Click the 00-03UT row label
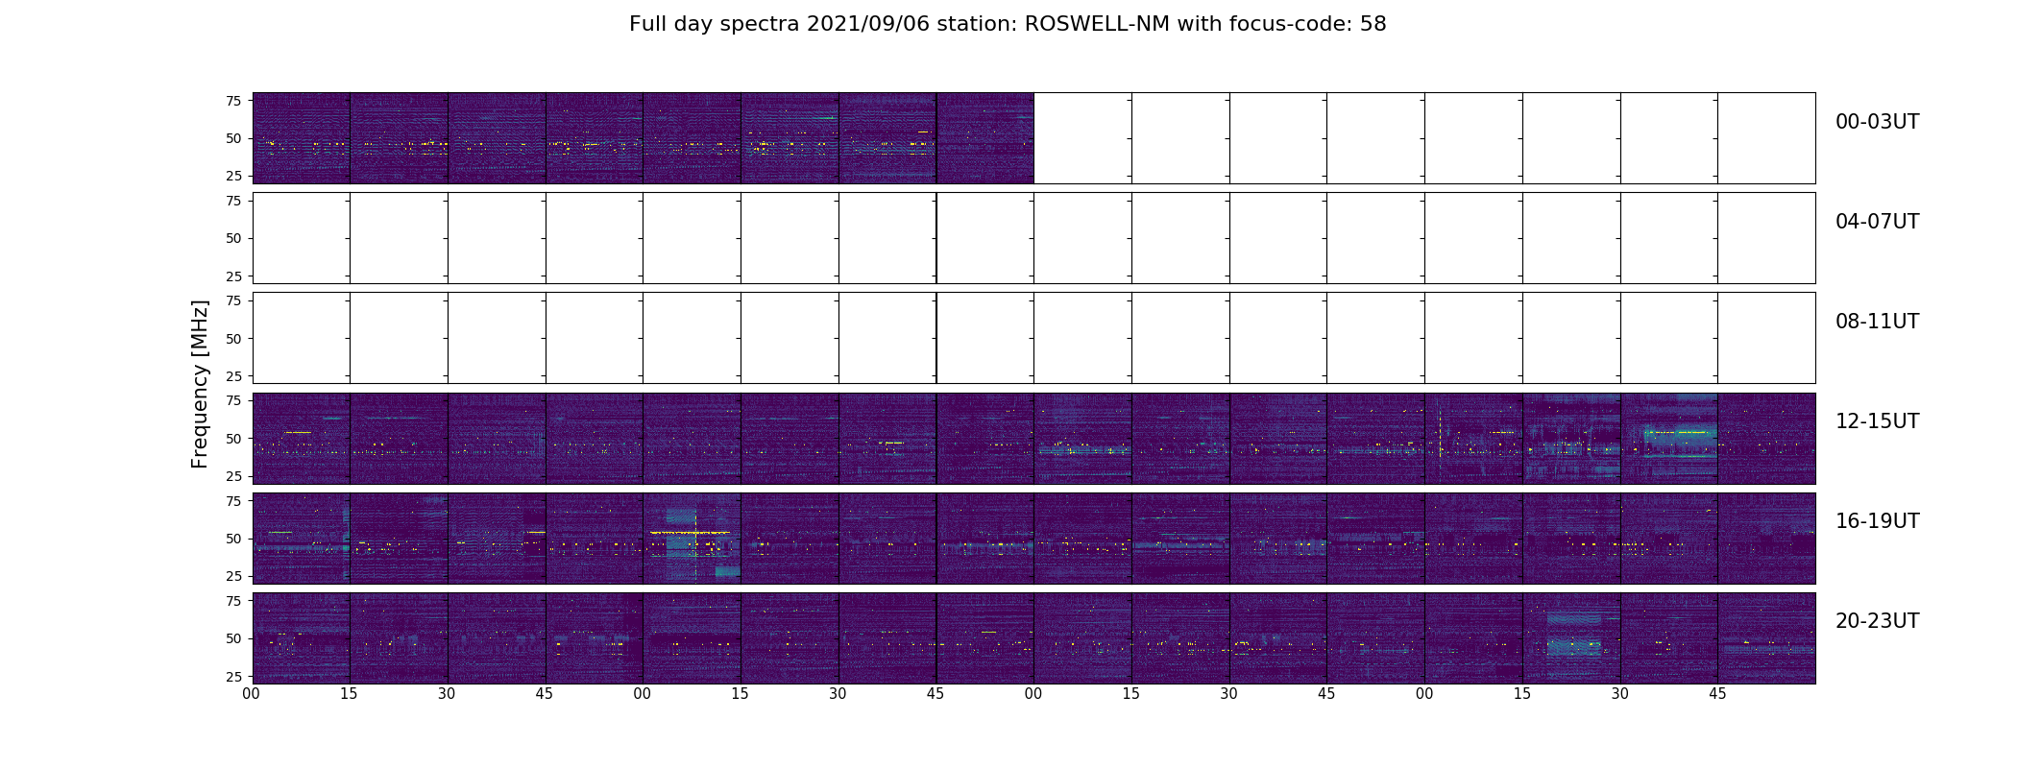click(1877, 122)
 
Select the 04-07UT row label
click(1877, 222)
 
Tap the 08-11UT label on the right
click(1877, 322)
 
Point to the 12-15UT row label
click(1877, 421)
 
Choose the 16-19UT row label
click(1877, 521)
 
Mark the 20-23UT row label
click(1877, 621)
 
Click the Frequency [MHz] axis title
click(200, 384)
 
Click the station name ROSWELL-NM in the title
click(1097, 24)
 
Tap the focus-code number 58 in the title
click(1373, 24)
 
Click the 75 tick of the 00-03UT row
click(232, 101)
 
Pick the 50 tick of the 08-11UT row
click(232, 339)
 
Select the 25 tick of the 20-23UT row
click(232, 677)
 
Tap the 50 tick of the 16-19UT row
click(232, 539)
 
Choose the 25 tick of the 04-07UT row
click(232, 276)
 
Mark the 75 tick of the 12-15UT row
click(232, 401)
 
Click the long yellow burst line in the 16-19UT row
click(690, 532)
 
